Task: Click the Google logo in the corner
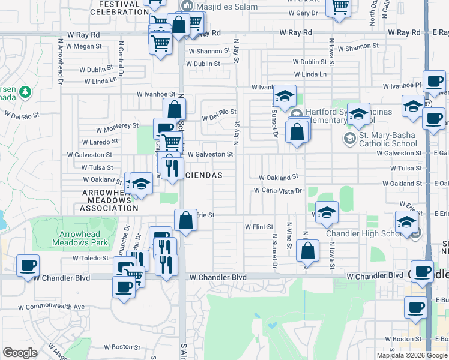coord(20,353)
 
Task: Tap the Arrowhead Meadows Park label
coord(83,239)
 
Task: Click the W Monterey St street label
coord(118,127)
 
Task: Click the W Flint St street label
coord(259,227)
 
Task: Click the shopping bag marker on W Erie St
coord(186,220)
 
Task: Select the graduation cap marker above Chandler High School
coord(406,221)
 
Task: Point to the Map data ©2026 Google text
coord(412,355)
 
